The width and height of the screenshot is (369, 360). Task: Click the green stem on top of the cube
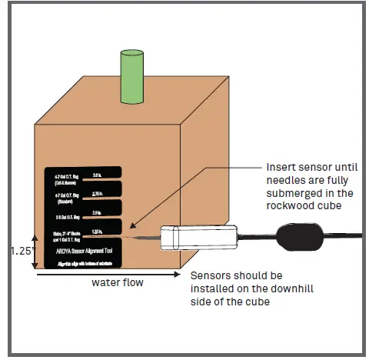click(x=131, y=76)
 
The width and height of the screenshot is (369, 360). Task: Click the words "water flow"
click(x=117, y=282)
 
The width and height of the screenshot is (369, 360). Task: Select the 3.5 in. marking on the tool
click(x=98, y=175)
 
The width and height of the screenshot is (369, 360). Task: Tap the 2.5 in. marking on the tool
click(x=98, y=212)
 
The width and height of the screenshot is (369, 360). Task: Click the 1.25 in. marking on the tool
click(x=98, y=231)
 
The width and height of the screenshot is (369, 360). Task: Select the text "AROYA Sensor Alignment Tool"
click(x=87, y=250)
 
